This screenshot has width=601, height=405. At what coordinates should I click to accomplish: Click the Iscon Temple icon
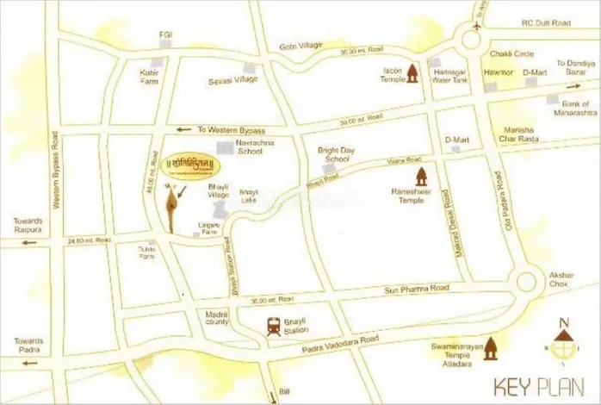(412, 72)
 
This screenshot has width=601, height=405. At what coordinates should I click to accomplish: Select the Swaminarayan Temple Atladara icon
(492, 349)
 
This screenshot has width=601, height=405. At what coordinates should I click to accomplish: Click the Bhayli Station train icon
(273, 327)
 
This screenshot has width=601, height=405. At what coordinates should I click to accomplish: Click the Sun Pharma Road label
(403, 289)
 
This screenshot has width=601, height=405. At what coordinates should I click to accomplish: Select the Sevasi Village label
(232, 79)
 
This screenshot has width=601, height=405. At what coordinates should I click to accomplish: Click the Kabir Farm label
(151, 77)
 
